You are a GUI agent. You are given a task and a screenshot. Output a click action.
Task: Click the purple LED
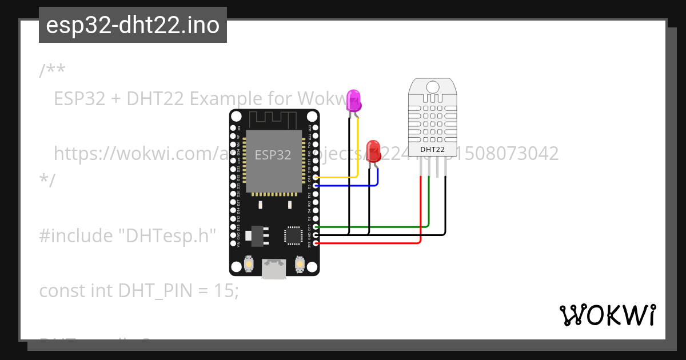tap(354, 101)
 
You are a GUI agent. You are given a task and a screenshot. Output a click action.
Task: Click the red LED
tap(373, 151)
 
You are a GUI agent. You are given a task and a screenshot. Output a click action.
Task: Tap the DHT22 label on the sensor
tap(433, 150)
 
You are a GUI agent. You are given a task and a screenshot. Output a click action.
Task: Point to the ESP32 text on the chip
tap(273, 155)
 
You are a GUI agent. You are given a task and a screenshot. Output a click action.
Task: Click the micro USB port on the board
tap(274, 269)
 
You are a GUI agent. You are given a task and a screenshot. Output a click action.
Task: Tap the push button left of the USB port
tap(249, 264)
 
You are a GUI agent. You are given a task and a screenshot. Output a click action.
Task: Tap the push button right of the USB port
tap(299, 264)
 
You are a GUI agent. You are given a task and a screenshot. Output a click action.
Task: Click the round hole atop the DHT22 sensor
tap(433, 87)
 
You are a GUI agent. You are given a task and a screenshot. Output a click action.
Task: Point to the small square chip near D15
tap(293, 235)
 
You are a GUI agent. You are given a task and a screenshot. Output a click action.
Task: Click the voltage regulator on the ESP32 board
tap(255, 235)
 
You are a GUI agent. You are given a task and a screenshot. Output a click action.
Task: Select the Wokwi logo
tap(608, 315)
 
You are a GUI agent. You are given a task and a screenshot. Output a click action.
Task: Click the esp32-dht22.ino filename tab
tap(133, 25)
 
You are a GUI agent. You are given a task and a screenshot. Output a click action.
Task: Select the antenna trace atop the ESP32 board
tap(273, 118)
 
